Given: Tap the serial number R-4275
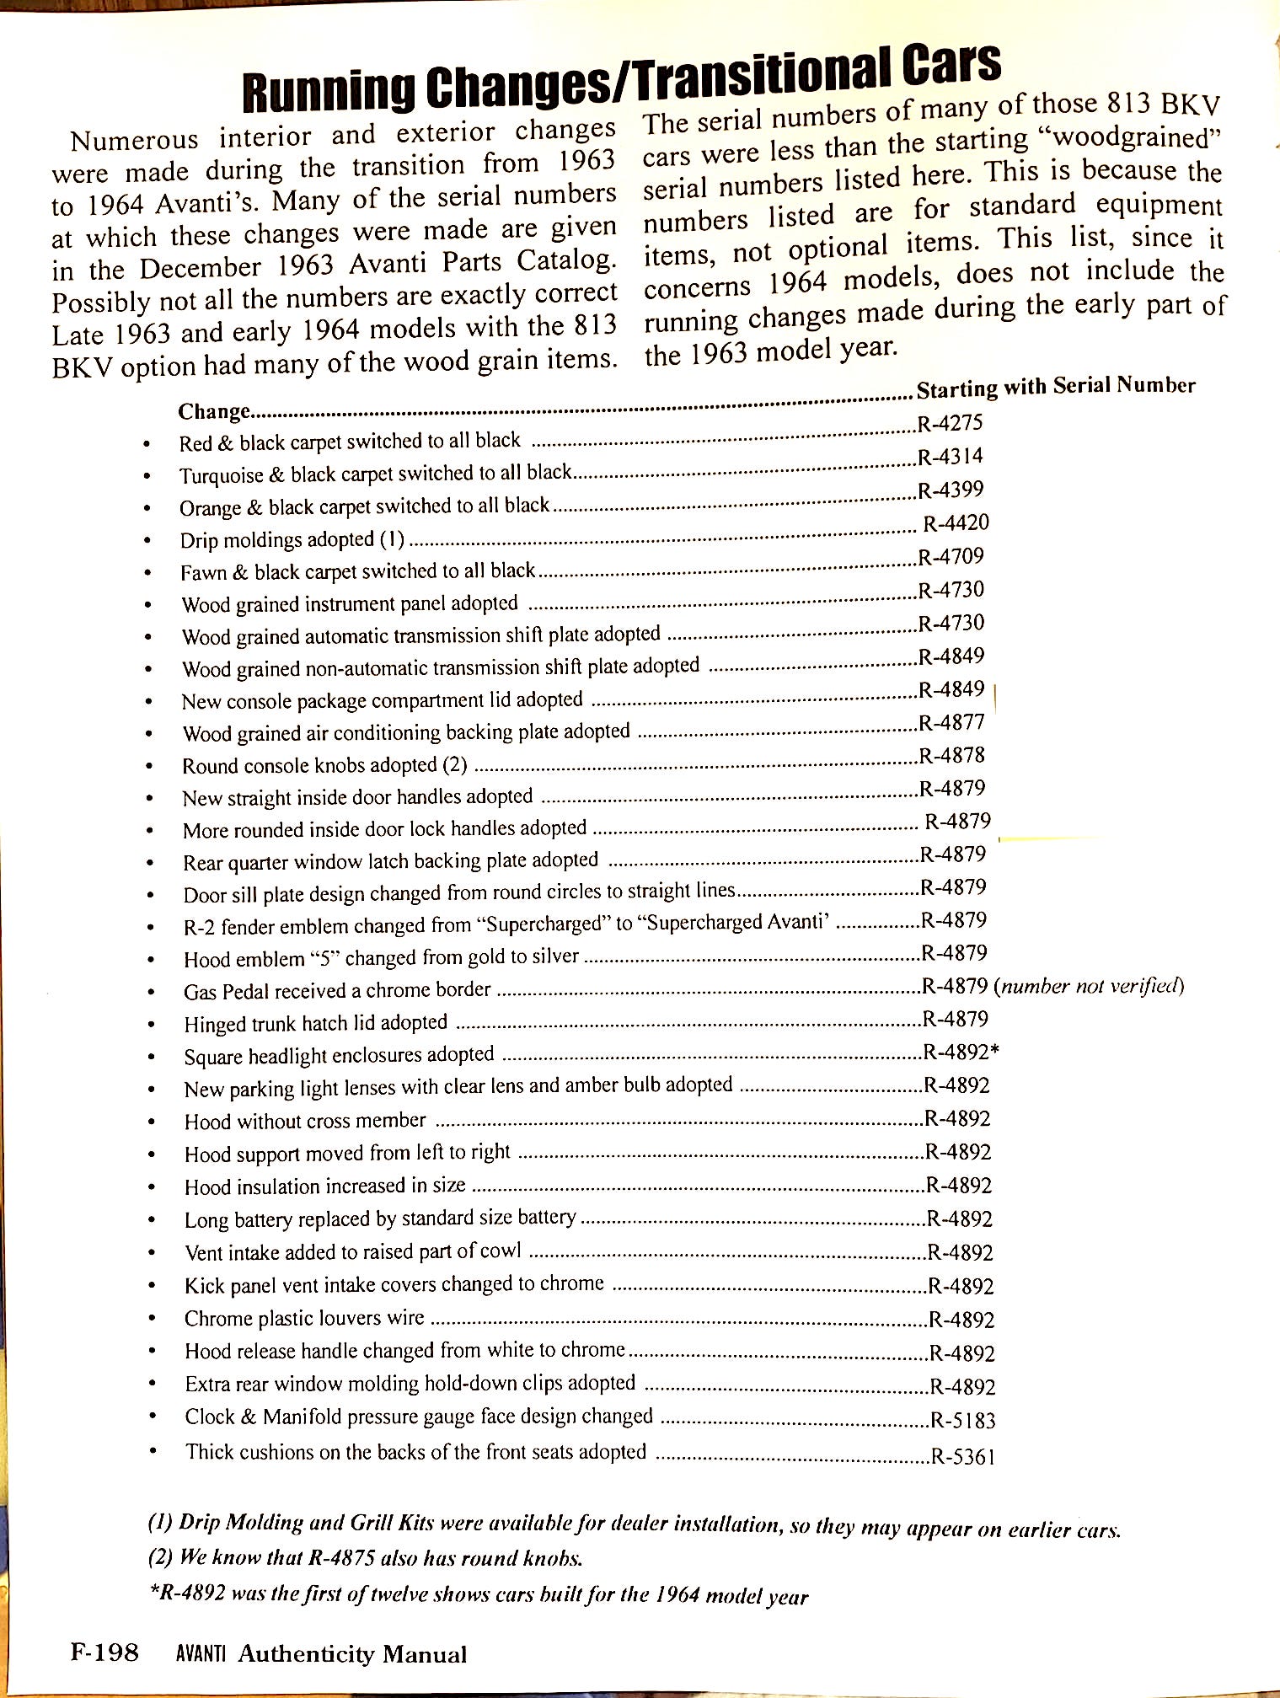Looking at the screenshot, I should coord(950,423).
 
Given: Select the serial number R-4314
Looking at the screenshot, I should coord(950,457).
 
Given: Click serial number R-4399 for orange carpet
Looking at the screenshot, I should coord(951,490).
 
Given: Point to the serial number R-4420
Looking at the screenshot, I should coord(956,523).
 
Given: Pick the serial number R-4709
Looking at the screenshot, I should coord(951,556).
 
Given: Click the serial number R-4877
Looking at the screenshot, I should coord(951,722).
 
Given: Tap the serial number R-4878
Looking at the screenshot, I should coord(951,755).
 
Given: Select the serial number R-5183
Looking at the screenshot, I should coord(963,1421).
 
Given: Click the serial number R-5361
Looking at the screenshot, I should coord(963,1456).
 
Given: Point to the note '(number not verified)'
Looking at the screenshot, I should coord(1090,985).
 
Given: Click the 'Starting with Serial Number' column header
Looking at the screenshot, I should coord(1056,387).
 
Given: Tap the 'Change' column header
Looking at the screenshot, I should coord(214,411).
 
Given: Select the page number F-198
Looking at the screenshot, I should coord(104,1652).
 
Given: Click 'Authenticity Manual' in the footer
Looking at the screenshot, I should coord(352,1654).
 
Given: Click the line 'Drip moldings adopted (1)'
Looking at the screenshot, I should coord(292,539).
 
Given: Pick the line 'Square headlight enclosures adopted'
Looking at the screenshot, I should coord(339,1056).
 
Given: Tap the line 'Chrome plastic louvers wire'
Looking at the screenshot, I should coord(304,1318).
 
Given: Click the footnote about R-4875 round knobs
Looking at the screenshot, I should coord(365,1557).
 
